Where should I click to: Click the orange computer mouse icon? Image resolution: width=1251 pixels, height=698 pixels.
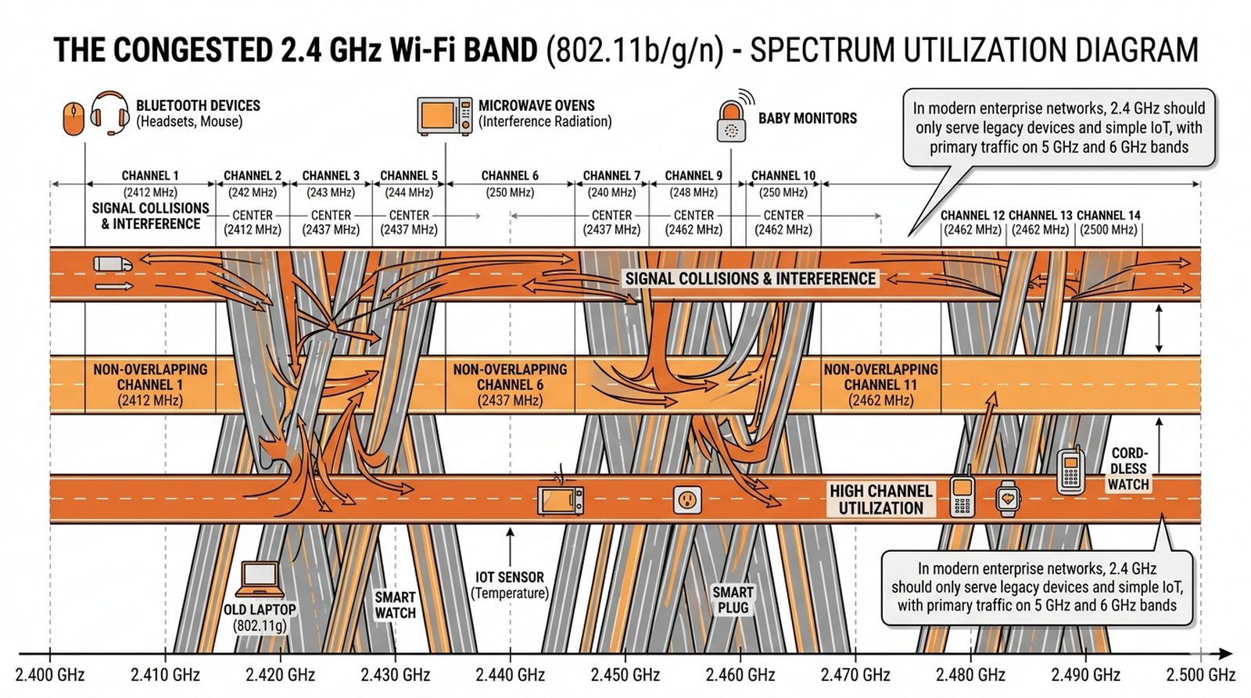pyautogui.click(x=73, y=119)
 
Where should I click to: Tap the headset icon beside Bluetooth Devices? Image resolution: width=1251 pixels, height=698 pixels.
pyautogui.click(x=109, y=113)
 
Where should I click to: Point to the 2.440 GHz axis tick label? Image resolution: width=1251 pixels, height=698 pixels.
pyautogui.click(x=510, y=675)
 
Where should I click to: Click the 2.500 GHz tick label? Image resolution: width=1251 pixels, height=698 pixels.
pyautogui.click(x=1200, y=675)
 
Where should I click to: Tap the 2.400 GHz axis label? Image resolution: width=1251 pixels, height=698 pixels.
pyautogui.click(x=50, y=675)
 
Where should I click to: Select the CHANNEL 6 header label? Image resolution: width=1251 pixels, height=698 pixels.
pyautogui.click(x=510, y=176)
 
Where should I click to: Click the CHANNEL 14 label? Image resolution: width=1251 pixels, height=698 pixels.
pyautogui.click(x=1108, y=215)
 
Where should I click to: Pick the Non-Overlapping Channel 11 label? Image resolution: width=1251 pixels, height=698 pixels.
pyautogui.click(x=880, y=385)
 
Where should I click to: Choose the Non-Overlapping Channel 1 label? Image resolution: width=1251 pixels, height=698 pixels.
pyautogui.click(x=150, y=385)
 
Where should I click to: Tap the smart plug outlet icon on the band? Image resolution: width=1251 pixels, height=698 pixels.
pyautogui.click(x=687, y=499)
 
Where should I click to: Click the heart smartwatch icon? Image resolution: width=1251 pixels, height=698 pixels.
pyautogui.click(x=1008, y=498)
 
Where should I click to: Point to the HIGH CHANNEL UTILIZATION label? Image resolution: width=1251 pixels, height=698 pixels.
pyautogui.click(x=880, y=499)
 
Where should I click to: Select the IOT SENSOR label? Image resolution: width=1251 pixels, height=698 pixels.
pyautogui.click(x=510, y=585)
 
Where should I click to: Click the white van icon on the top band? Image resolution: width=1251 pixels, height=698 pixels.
pyautogui.click(x=113, y=263)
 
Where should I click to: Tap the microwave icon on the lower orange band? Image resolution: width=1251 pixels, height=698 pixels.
pyautogui.click(x=561, y=499)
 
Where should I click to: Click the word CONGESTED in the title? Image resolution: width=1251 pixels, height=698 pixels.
pyautogui.click(x=193, y=50)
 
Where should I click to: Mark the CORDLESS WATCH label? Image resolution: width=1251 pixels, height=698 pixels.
pyautogui.click(x=1128, y=468)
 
